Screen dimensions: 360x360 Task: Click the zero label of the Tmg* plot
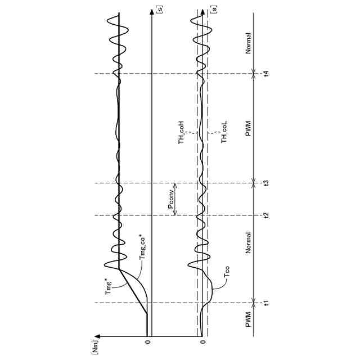148,341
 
